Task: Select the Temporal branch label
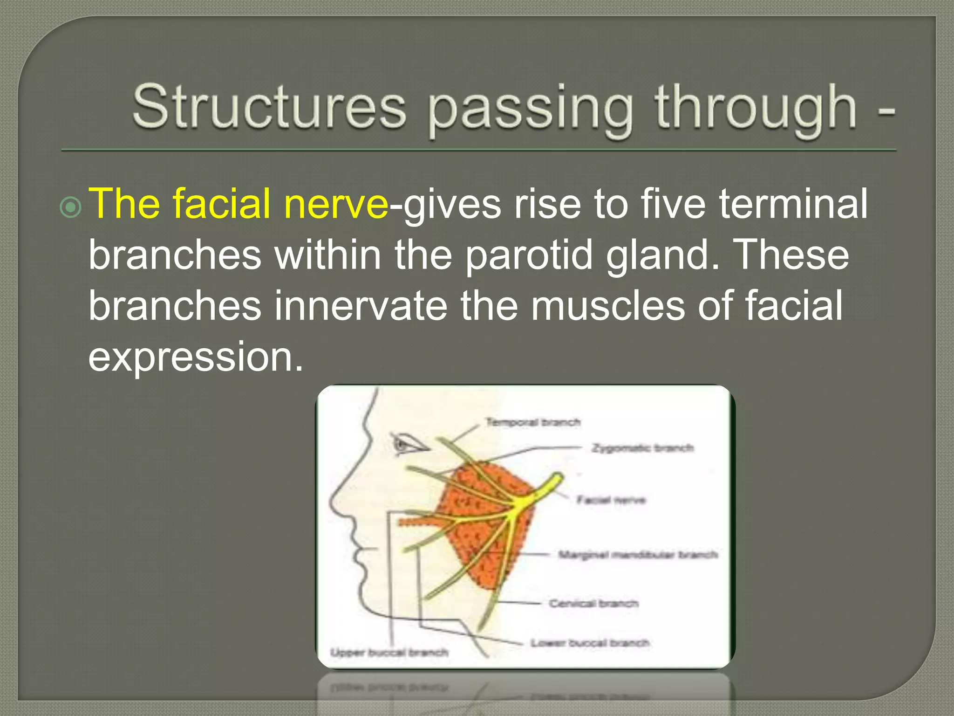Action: click(533, 422)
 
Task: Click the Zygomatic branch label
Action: click(642, 448)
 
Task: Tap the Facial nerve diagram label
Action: click(611, 500)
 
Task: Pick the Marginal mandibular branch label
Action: click(638, 554)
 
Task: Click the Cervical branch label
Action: click(593, 603)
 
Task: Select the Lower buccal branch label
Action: click(590, 643)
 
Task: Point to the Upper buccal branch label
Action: click(389, 652)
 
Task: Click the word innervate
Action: click(361, 306)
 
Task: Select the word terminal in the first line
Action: click(793, 204)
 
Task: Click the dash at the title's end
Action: click(886, 112)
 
